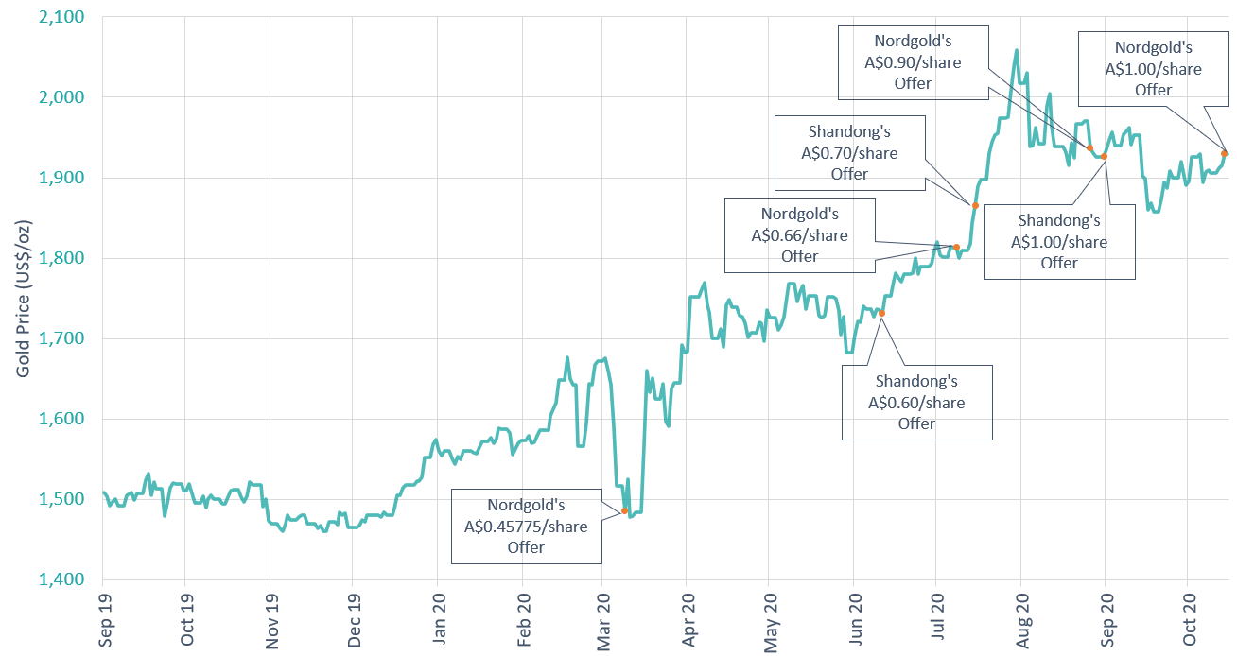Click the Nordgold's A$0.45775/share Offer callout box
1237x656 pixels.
[526, 526]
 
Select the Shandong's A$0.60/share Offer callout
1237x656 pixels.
[916, 402]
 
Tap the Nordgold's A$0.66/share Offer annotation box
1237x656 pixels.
[799, 233]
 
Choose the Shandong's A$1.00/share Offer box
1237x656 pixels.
[1059, 241]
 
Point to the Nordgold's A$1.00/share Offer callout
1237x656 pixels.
[1153, 68]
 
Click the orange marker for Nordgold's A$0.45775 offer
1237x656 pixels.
[624, 510]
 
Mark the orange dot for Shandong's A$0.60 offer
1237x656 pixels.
[881, 313]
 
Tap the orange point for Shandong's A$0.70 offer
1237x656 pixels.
[975, 205]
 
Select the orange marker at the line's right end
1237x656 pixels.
[1225, 153]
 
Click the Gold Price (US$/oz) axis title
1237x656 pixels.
[23, 299]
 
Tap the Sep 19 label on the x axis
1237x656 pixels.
[104, 619]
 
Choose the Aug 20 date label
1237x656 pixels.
[1022, 619]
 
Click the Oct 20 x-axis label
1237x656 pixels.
[1190, 619]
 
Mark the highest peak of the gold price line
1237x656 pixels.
[1016, 51]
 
